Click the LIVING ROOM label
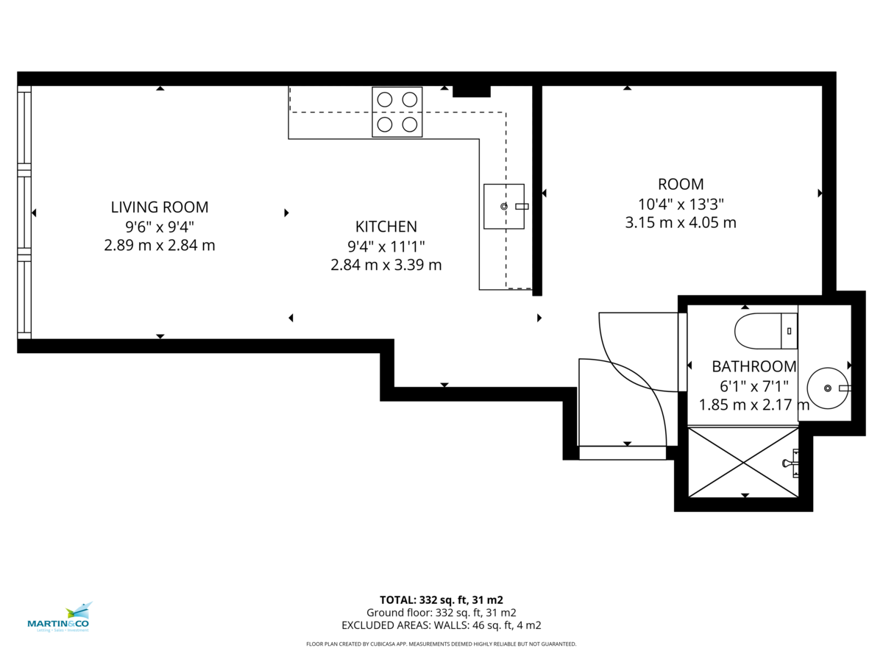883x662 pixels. tap(160, 207)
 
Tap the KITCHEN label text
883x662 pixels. tap(386, 227)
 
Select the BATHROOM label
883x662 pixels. tap(753, 366)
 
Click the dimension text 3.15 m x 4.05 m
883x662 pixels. tap(680, 222)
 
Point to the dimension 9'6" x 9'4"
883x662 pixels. tap(160, 227)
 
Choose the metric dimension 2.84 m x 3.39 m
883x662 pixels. tap(386, 265)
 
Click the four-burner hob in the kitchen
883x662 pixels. tap(397, 112)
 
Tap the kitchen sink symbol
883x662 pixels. tap(505, 207)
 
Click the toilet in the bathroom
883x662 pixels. tap(765, 331)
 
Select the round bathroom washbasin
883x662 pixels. tap(827, 388)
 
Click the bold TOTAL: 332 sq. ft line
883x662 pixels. tap(441, 599)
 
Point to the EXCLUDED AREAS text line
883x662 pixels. tap(441, 625)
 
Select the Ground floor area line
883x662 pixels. tap(441, 613)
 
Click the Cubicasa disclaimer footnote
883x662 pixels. tap(441, 644)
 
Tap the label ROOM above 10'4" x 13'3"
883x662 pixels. tap(680, 185)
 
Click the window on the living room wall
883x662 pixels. tap(25, 213)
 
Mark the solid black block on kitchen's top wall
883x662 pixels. tap(471, 91)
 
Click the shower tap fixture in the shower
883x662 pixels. tap(791, 463)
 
